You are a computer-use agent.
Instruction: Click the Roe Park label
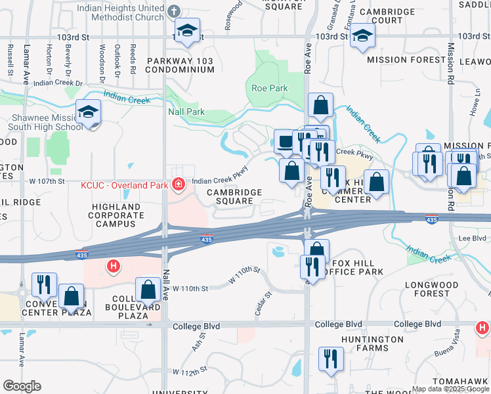click(x=269, y=87)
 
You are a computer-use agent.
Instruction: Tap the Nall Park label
click(x=186, y=112)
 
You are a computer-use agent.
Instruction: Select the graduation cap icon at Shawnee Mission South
click(x=88, y=112)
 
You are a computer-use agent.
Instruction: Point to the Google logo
click(x=22, y=386)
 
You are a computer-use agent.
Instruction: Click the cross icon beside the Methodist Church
click(x=173, y=11)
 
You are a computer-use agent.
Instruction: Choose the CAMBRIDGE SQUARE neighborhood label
click(x=234, y=196)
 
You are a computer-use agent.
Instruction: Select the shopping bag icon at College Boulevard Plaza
click(x=148, y=290)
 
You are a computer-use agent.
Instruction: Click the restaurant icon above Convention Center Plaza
click(x=44, y=284)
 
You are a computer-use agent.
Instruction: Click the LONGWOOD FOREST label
click(x=436, y=290)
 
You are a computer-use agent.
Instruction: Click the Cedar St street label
click(x=263, y=303)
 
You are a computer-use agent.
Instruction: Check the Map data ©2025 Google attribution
click(x=450, y=389)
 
